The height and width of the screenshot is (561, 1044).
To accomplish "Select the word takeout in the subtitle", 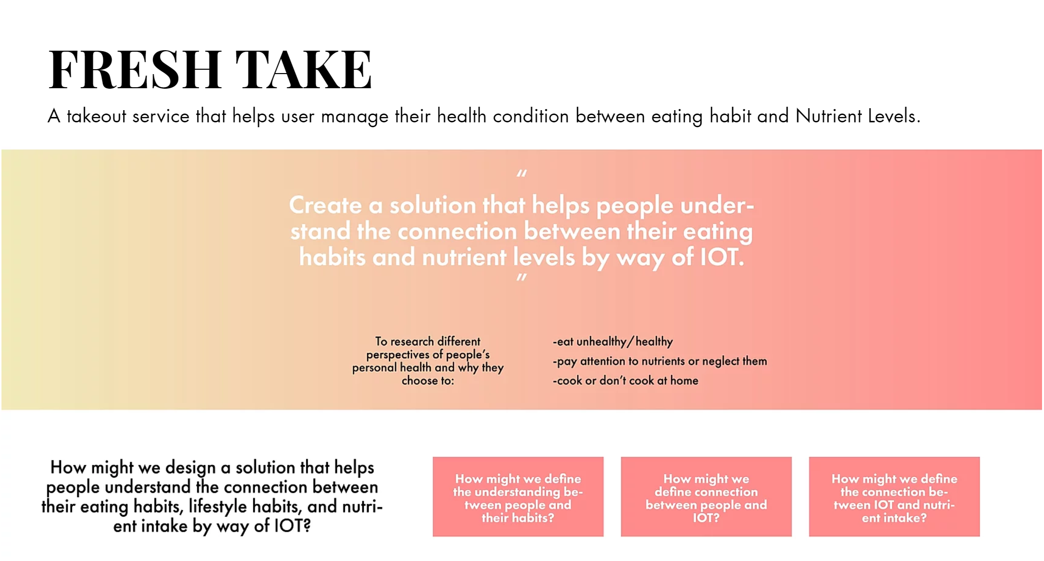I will point(97,116).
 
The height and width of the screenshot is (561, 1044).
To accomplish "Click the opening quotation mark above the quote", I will point(522,174).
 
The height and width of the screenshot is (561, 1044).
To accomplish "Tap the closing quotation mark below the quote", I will point(522,278).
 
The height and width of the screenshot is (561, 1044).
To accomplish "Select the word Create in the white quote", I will point(325,205).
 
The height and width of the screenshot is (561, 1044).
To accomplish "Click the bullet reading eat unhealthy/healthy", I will point(613,342).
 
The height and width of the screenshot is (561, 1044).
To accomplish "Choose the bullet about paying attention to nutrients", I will point(659,361).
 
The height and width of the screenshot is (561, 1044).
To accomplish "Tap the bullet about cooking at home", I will point(625,381).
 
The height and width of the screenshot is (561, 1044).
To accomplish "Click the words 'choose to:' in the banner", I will point(427,381).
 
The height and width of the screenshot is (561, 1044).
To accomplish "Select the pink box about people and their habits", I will point(518,497).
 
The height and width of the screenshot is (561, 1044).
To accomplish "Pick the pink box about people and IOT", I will point(706,497).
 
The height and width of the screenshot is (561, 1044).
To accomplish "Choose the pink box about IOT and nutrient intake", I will point(894,497).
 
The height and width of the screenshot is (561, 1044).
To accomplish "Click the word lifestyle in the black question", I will point(214,507).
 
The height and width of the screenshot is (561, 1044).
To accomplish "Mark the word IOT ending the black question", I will point(290,526).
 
